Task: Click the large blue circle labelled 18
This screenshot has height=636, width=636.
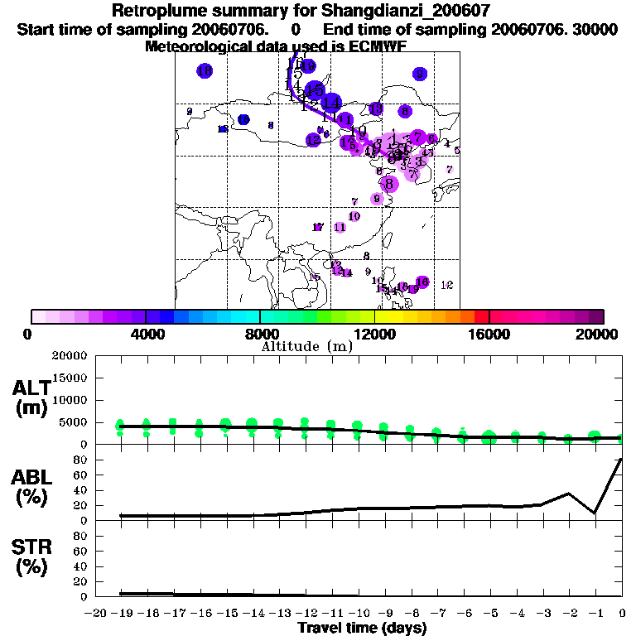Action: coord(205,71)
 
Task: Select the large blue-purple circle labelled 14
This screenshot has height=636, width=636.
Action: coord(330,103)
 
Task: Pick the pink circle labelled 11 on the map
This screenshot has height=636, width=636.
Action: coord(340,227)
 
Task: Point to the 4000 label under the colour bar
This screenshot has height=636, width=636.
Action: coord(146,334)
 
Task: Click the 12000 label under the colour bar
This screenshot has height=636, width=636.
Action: coord(374,334)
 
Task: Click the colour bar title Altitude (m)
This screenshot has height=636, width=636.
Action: coord(307,346)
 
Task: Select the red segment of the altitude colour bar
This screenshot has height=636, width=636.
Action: coord(481,316)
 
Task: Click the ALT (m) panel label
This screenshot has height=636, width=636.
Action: coord(31,397)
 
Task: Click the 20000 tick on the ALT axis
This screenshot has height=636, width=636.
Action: coord(70,356)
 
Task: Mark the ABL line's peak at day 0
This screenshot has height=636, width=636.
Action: coord(621,460)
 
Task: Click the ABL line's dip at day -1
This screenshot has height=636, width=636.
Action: coord(595,513)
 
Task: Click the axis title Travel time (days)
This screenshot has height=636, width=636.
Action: coord(362,628)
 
